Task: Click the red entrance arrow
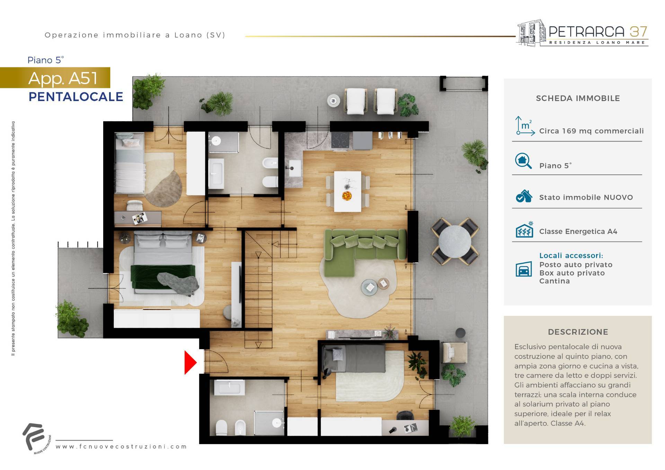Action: [x=190, y=362]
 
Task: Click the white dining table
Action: [x=347, y=191]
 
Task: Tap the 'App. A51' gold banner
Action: [x=55, y=78]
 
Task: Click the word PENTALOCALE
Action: [x=76, y=97]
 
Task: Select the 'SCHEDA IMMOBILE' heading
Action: [x=578, y=98]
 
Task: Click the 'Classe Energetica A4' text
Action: [x=578, y=232]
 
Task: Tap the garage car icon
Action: [x=524, y=269]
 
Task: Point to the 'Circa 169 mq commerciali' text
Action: [x=591, y=131]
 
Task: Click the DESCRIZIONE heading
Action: [x=578, y=332]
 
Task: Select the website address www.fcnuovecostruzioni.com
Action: [x=121, y=446]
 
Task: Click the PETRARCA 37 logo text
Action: [x=598, y=32]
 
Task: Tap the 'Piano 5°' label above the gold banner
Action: [x=46, y=60]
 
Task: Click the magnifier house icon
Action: [x=523, y=161]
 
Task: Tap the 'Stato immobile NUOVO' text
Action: [x=586, y=197]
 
